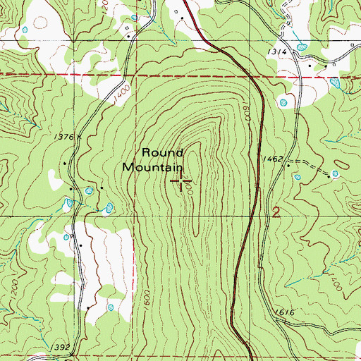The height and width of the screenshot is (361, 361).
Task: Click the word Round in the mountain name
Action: [162, 152]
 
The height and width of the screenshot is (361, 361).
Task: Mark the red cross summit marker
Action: [182, 183]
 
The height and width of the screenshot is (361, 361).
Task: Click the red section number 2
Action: [276, 212]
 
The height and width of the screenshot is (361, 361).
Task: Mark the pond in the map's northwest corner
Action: [25, 30]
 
